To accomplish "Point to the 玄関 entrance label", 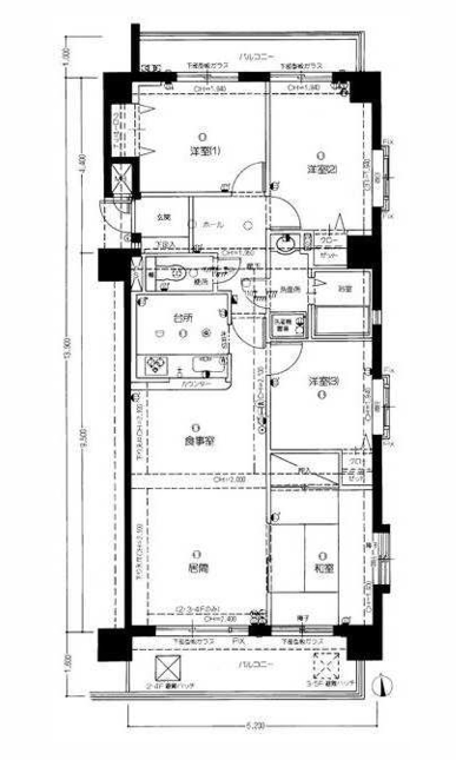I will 164,218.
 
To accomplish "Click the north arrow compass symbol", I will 382,685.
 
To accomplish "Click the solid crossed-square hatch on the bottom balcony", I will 167,668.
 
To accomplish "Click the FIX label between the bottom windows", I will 239,641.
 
